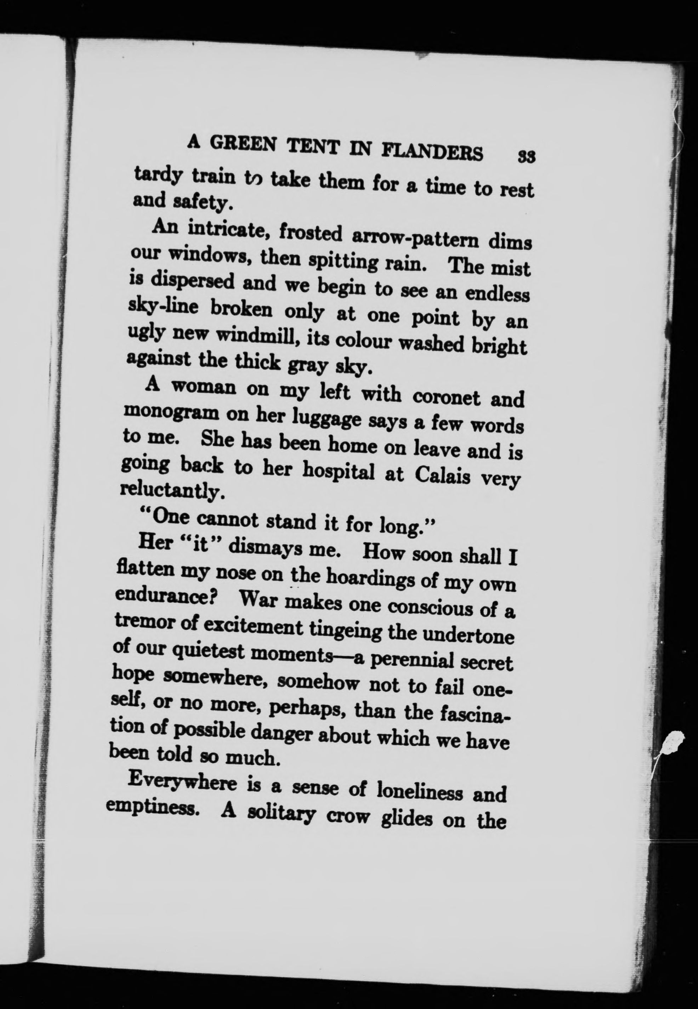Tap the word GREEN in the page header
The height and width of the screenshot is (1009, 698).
click(x=245, y=144)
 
